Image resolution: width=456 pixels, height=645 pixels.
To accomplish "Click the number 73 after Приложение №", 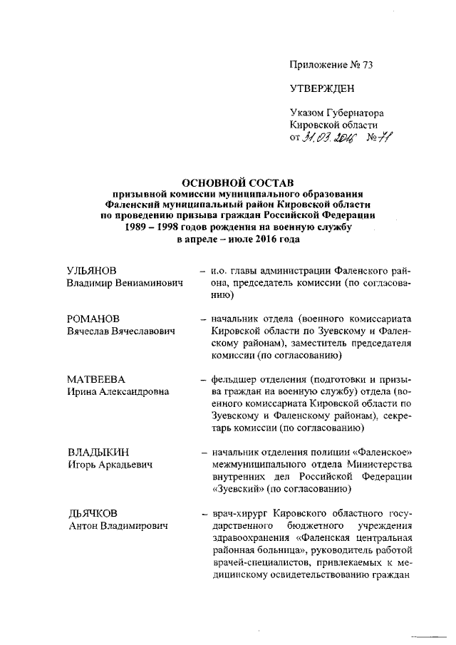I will tap(367, 65).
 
